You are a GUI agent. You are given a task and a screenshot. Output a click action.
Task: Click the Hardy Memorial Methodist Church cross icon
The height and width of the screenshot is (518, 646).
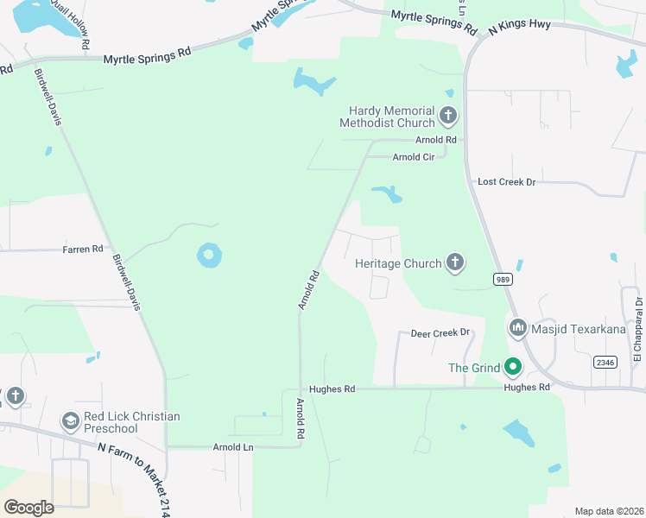pos(447,115)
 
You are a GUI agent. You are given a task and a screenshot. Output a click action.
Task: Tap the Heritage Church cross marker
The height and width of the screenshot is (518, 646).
pos(455,262)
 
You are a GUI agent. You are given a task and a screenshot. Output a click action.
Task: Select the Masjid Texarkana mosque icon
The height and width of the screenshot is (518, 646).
pos(518,327)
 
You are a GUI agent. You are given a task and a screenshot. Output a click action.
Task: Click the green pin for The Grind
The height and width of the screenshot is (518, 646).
pos(512,368)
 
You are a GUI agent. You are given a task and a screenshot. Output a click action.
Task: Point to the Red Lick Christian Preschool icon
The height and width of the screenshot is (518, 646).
pos(70,421)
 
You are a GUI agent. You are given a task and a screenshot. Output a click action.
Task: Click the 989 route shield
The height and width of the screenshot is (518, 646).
pos(503,279)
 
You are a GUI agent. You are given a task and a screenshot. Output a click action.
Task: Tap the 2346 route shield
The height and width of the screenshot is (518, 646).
pos(604,363)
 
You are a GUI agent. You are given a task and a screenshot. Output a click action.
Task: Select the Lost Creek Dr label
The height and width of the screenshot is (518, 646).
pos(507,182)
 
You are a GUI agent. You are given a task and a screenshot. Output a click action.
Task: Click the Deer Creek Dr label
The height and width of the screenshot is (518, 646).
pos(440,332)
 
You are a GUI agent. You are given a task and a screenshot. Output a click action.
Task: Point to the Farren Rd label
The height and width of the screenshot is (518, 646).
pos(83,249)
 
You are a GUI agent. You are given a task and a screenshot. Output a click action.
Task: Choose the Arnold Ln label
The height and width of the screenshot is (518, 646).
pos(233,447)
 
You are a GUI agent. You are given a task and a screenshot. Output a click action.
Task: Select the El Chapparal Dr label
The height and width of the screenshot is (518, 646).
pos(638,329)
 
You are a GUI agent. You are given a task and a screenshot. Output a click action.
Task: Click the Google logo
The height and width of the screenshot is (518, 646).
pos(29,507)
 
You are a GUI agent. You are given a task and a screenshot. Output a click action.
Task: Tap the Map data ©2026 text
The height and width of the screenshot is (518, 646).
pos(608,511)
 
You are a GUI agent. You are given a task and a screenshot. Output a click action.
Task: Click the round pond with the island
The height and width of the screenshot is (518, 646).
pos(209,255)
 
